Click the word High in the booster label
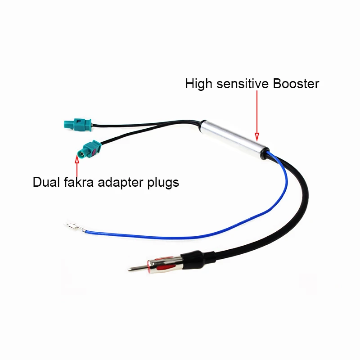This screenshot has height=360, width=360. click(x=198, y=84)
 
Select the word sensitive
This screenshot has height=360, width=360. click(x=242, y=83)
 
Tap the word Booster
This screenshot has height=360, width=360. click(x=296, y=83)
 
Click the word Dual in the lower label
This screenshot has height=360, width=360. click(x=46, y=182)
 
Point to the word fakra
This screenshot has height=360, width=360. click(x=79, y=182)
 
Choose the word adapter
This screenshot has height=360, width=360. click(x=121, y=183)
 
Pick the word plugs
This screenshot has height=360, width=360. click(x=163, y=183)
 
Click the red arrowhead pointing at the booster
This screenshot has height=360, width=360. click(x=257, y=136)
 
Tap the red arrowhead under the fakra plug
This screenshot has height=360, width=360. click(x=77, y=159)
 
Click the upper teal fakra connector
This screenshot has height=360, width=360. click(x=77, y=125)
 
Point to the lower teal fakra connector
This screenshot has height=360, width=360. click(x=89, y=150)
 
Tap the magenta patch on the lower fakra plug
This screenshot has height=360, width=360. click(x=94, y=152)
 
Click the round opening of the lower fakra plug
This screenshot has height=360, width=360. click(x=82, y=154)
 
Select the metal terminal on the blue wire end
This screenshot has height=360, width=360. click(x=75, y=227)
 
